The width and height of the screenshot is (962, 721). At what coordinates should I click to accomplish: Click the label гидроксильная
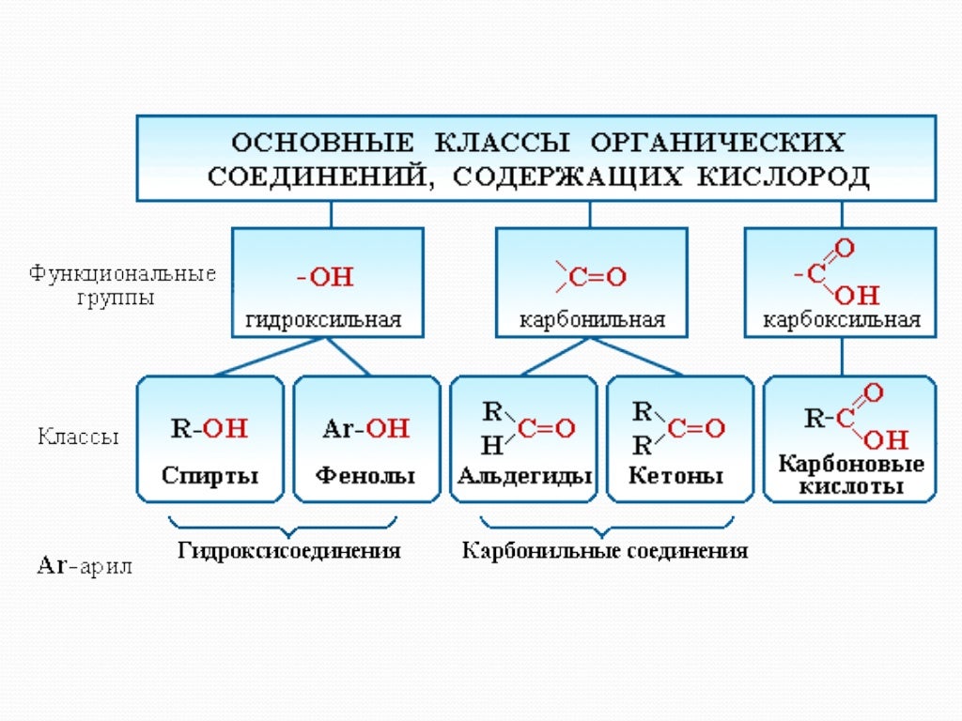(x=324, y=320)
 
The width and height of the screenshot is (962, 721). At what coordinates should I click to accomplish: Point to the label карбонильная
(x=593, y=320)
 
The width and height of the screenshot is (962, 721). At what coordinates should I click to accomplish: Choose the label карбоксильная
(x=842, y=320)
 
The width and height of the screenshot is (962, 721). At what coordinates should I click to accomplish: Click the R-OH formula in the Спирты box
(x=209, y=428)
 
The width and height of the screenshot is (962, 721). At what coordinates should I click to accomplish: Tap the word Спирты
(x=209, y=475)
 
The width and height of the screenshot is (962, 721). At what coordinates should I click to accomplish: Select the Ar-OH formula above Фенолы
(x=366, y=428)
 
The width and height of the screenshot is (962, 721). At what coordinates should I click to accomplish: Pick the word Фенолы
(x=365, y=475)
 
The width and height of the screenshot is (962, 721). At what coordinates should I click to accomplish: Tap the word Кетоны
(x=676, y=476)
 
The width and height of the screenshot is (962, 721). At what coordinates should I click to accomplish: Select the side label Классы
(x=79, y=437)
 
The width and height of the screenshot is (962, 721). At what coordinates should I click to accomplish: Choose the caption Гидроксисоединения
(x=289, y=550)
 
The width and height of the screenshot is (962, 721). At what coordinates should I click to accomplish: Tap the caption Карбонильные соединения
(x=605, y=550)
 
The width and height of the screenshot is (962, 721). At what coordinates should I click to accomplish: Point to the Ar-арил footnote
(x=84, y=566)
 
